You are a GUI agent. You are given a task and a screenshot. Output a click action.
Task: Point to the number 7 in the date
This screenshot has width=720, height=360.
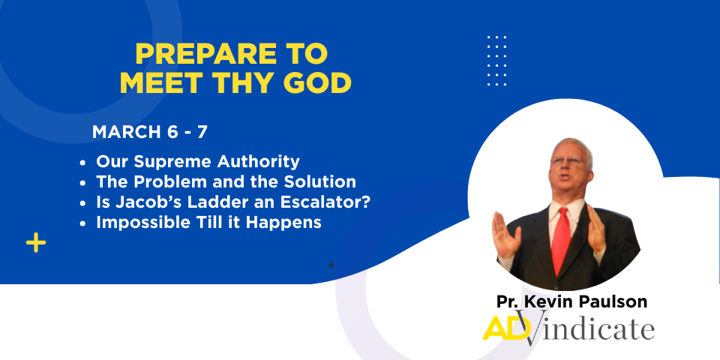tap(202, 132)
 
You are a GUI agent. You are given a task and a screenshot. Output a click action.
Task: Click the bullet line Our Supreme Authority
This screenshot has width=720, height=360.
tap(198, 162)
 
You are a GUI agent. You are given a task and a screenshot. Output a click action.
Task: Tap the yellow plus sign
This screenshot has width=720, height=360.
tap(36, 242)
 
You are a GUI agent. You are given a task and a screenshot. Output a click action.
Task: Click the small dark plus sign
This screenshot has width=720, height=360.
tap(331, 265)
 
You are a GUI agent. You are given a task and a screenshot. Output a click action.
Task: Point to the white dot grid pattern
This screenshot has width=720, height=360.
tap(496, 61)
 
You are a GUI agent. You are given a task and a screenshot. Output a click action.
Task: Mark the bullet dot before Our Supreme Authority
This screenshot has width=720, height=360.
tap(82, 163)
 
